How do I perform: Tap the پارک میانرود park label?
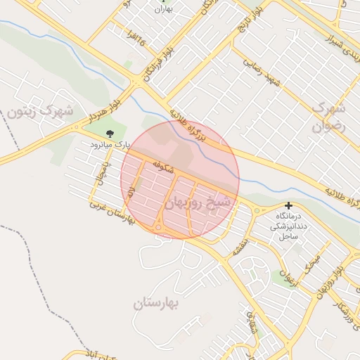coord(110,145)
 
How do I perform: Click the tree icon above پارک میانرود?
coord(109,133)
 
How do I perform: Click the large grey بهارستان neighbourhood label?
coord(156,304)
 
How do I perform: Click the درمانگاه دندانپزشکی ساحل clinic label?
coord(288,225)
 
